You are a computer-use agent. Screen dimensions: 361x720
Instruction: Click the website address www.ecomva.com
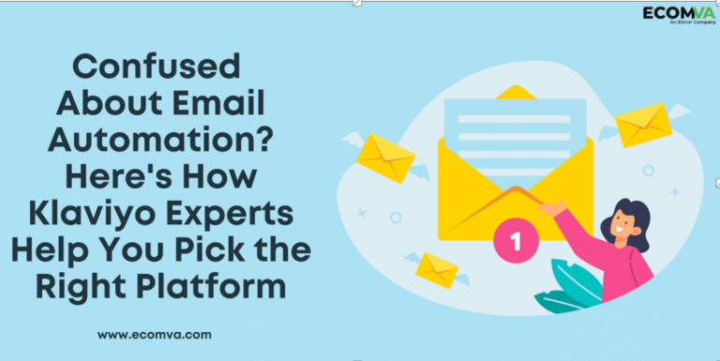click(x=154, y=333)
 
